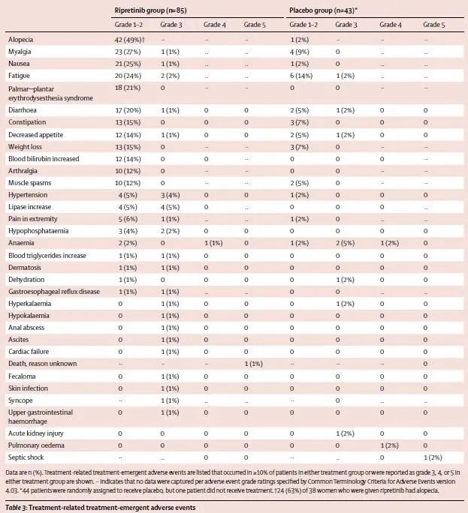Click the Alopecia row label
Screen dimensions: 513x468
point(21,38)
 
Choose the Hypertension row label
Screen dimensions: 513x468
point(27,195)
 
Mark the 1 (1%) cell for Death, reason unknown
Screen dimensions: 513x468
point(253,364)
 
